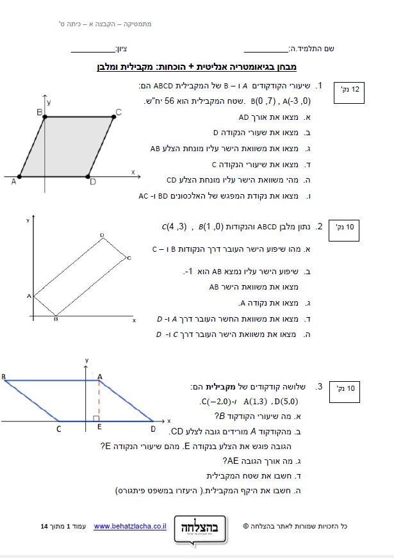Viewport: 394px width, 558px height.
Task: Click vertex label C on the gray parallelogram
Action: (x=119, y=113)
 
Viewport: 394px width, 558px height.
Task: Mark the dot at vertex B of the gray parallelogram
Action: (x=45, y=117)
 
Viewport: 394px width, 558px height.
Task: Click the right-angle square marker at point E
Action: (x=95, y=418)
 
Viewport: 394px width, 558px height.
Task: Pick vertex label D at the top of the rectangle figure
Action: (x=101, y=236)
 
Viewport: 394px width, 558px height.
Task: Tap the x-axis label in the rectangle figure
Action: (x=134, y=319)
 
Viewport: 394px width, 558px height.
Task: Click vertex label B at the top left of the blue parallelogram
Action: (x=4, y=376)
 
